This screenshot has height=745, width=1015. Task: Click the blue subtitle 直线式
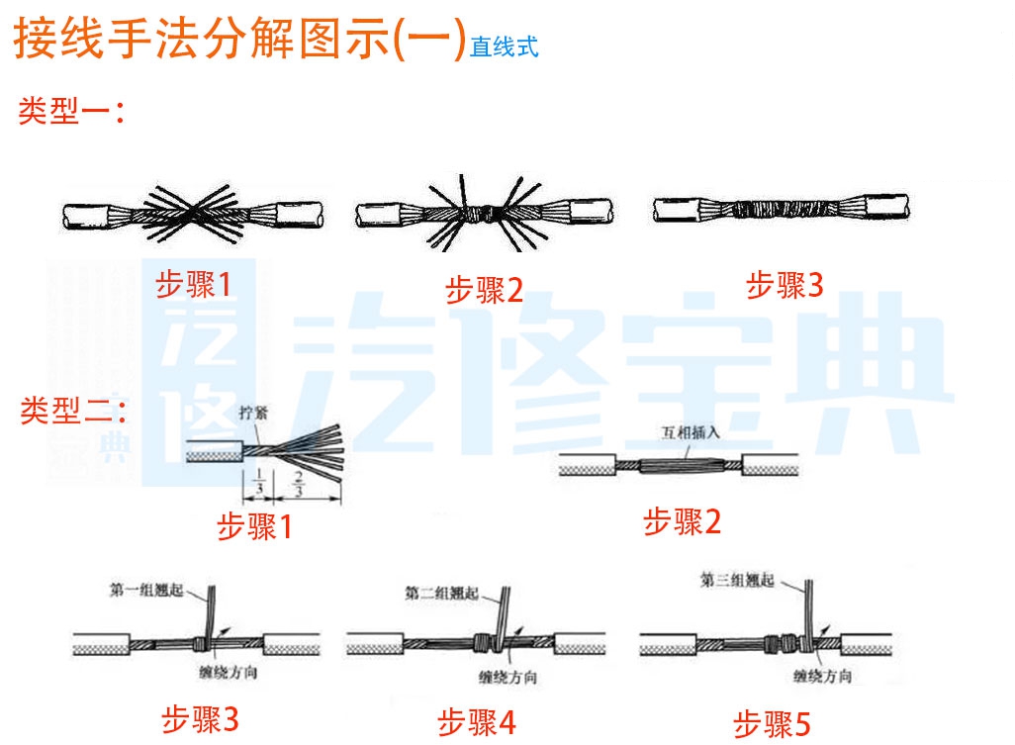pos(504,47)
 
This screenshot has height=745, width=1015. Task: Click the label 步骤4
pos(477,722)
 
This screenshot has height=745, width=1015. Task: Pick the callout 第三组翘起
pos(737,581)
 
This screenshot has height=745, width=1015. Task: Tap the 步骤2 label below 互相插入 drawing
pos(683,521)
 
